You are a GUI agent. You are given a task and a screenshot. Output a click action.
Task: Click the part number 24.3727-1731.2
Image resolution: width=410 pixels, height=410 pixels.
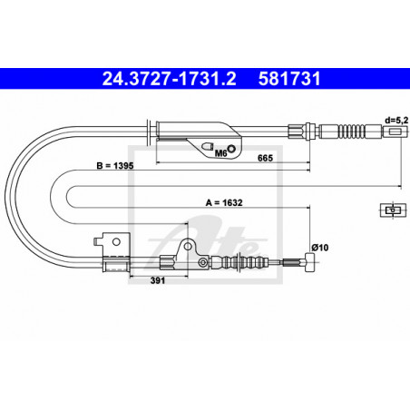click(169, 79)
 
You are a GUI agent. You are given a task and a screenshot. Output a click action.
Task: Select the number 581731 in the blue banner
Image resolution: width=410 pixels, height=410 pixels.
click(289, 79)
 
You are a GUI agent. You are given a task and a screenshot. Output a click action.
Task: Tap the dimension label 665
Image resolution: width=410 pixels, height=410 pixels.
click(265, 158)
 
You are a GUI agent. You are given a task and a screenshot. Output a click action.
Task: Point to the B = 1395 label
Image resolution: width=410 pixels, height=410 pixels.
click(115, 166)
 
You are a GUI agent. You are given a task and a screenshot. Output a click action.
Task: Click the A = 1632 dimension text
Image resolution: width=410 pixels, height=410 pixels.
click(224, 202)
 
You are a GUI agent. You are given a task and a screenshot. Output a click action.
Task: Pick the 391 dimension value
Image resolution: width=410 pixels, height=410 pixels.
click(158, 280)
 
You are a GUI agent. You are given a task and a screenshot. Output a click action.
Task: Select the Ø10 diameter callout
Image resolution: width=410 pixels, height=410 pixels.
click(320, 248)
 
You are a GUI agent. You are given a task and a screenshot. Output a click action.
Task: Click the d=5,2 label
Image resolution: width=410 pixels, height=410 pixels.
click(396, 121)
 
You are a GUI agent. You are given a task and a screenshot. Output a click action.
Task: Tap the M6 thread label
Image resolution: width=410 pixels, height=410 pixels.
click(220, 153)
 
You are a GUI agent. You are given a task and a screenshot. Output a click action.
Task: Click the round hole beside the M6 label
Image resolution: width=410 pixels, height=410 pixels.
click(232, 149)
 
